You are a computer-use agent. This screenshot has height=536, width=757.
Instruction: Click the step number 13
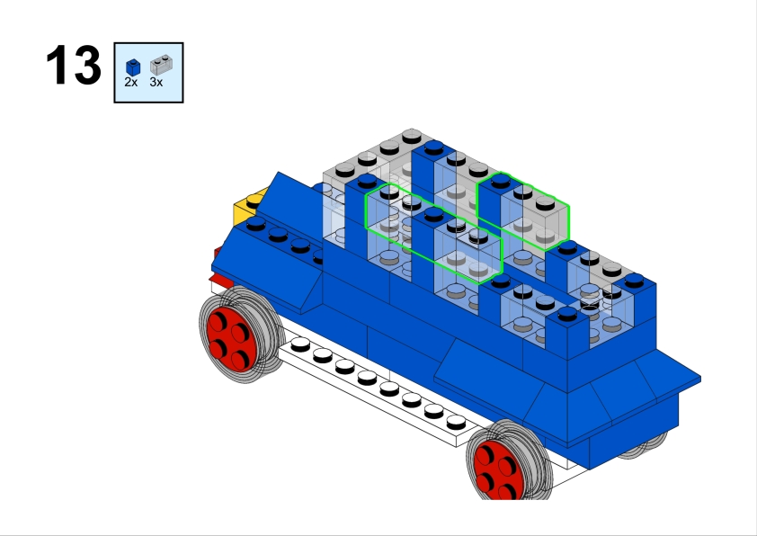pyautogui.click(x=74, y=65)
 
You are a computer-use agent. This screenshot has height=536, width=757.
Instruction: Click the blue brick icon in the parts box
pyautogui.click(x=133, y=67)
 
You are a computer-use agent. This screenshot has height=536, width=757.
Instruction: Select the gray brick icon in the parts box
pyautogui.click(x=161, y=65)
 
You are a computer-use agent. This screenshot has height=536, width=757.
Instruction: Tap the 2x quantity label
pyautogui.click(x=131, y=83)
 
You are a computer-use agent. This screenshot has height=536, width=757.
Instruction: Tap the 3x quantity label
pyautogui.click(x=156, y=83)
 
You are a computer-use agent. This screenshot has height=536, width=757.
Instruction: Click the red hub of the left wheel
pyautogui.click(x=231, y=335)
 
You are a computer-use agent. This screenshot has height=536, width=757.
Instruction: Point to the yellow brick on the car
pyautogui.click(x=247, y=209)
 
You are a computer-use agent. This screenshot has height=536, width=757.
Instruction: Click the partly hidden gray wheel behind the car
pyautogui.click(x=642, y=447)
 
